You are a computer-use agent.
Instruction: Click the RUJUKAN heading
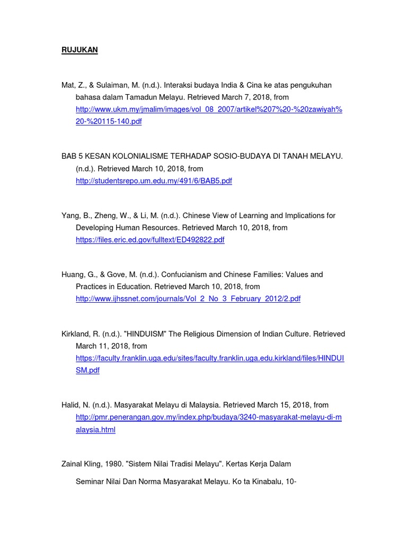coord(79,50)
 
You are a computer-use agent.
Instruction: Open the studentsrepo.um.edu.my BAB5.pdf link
coord(154,181)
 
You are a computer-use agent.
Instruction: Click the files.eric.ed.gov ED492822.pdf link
coord(150,240)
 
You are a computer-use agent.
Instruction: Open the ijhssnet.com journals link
coord(188,299)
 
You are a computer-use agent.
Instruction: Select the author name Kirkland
coord(75,334)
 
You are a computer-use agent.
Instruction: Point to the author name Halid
coord(70,405)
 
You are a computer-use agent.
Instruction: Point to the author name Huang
coord(72,275)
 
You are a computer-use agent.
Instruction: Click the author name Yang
coord(70,216)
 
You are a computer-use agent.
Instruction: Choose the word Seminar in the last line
coord(90,482)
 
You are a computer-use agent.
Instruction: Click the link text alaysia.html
coord(95,430)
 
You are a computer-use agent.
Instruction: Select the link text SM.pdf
coord(87,371)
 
